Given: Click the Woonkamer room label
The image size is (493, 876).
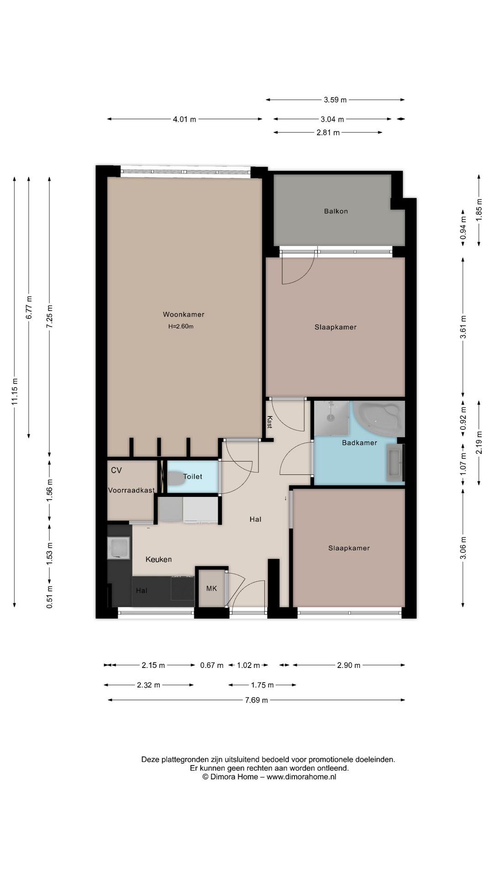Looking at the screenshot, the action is point(184,314).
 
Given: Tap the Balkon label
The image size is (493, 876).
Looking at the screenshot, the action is point(336,211).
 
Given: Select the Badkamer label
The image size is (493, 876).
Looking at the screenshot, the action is point(360,443).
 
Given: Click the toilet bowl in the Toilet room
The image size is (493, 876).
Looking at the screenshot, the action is point(175,478).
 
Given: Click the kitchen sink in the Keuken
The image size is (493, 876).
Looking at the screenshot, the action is point(119,548).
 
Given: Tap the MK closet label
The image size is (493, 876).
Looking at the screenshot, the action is point(211,589).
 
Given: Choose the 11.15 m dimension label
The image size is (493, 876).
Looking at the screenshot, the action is point(15,391).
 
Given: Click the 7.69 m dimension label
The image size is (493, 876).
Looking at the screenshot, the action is point(257,700).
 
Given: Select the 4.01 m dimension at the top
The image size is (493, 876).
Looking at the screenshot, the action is point(184,120).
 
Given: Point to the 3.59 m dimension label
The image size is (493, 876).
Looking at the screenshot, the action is point(335,100).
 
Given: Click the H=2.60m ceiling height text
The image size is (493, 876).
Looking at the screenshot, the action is point(181,327).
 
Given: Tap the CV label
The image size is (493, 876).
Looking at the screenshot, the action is point(116,470).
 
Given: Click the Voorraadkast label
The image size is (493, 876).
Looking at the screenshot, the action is point(131,490).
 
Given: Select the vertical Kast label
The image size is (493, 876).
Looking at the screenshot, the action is point(270,422).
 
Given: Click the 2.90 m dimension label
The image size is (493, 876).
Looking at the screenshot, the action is point(349,665).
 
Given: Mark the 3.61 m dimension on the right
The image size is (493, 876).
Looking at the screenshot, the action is point(463,327).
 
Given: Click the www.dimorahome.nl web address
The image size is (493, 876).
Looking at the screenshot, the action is point(301,777).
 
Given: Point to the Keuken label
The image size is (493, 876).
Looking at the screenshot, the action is point(159,559).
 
